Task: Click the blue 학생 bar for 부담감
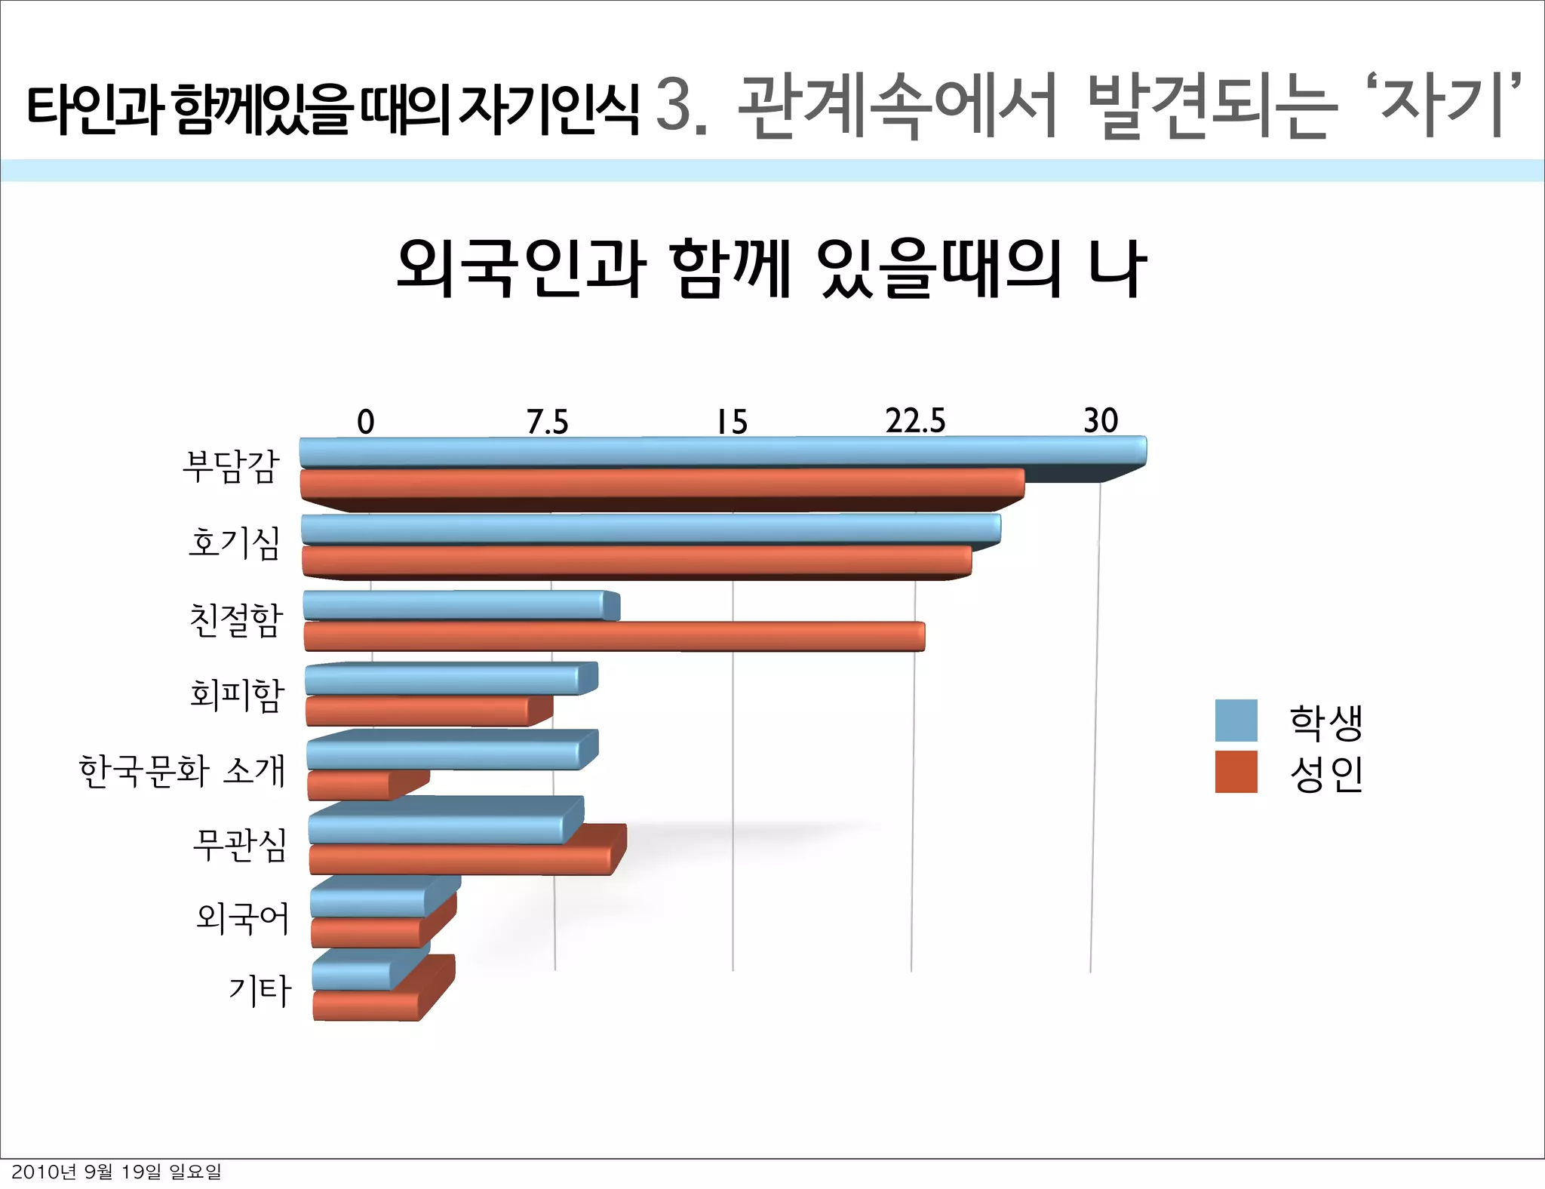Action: (x=723, y=453)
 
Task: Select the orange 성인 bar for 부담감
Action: (x=662, y=484)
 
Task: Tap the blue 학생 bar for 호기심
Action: (x=650, y=529)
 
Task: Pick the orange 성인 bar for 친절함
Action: (x=614, y=636)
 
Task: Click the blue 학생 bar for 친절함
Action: (x=460, y=606)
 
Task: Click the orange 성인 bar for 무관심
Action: (x=460, y=859)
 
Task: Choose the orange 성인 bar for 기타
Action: (x=367, y=1006)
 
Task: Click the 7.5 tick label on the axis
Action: (x=547, y=422)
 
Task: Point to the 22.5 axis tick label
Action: (x=915, y=421)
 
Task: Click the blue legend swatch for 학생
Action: (x=1236, y=720)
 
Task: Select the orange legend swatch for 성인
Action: (x=1236, y=772)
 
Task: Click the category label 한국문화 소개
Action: (x=182, y=770)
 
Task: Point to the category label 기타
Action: (x=260, y=991)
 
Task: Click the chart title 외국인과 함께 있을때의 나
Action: (x=771, y=268)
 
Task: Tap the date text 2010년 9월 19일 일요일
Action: (x=116, y=1172)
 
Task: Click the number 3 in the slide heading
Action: (x=674, y=105)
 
